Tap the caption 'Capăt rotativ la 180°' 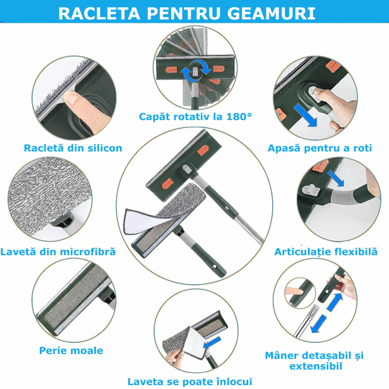195,116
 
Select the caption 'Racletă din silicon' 73,148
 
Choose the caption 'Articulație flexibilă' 326,252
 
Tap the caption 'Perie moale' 71,350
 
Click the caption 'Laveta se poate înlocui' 189,381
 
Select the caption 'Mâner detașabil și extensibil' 313,360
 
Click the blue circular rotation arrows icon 195,71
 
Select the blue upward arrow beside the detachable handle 333,303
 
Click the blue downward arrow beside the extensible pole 318,324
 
